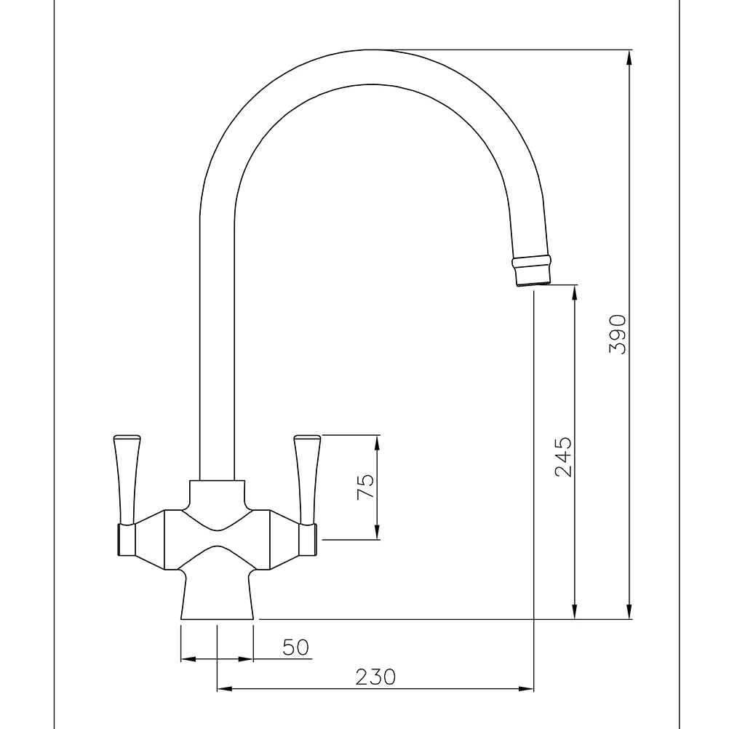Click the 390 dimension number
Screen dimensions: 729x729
click(x=618, y=334)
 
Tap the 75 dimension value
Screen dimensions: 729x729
click(x=366, y=486)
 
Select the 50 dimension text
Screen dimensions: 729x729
click(x=296, y=647)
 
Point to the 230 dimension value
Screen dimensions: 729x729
click(x=376, y=677)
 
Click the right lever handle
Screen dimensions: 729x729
click(x=306, y=477)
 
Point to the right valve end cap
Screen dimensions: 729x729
click(x=308, y=541)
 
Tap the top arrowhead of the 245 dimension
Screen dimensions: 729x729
click(x=575, y=290)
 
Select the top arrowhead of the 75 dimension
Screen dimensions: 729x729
click(x=378, y=441)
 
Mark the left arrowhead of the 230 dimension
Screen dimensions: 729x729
click(x=223, y=688)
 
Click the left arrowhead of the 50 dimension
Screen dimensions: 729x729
click(x=187, y=659)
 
